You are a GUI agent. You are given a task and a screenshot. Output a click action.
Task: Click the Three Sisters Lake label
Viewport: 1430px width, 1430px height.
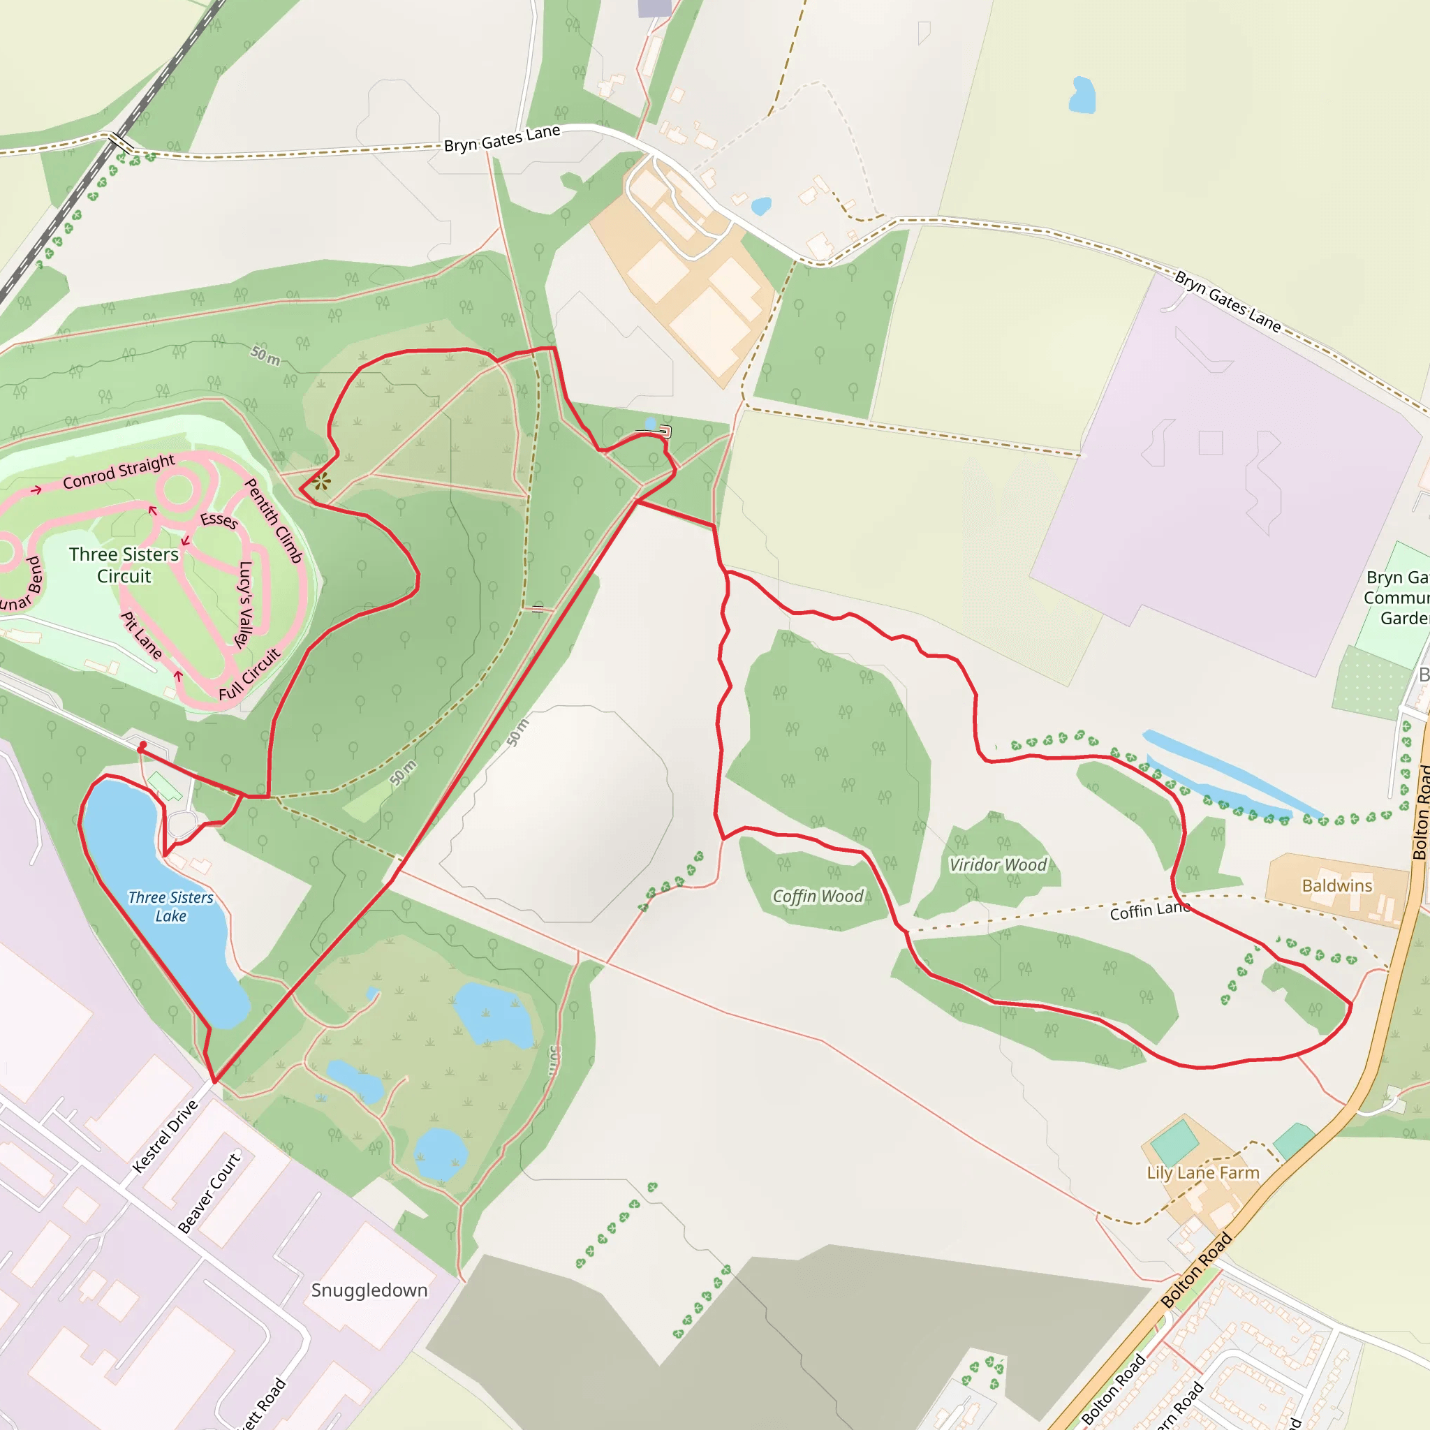[x=171, y=906]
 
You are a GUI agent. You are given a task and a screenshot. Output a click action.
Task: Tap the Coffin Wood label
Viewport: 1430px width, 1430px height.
[x=818, y=897]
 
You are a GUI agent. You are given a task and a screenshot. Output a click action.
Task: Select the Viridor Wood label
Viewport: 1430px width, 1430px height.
[x=998, y=864]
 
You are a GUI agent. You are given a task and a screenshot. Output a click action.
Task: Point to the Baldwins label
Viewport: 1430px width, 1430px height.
[x=1336, y=885]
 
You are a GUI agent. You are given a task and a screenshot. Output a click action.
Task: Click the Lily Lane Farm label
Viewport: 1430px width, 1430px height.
[x=1203, y=1172]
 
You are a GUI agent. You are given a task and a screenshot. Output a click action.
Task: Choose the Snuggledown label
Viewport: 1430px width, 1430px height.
[x=369, y=1290]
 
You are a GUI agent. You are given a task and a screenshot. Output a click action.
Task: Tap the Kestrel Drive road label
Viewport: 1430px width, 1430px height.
[x=165, y=1136]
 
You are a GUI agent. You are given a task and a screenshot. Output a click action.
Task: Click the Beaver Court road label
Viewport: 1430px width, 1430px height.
[x=209, y=1193]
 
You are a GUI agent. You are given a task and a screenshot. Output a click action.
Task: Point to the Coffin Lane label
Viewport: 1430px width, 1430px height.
[x=1149, y=911]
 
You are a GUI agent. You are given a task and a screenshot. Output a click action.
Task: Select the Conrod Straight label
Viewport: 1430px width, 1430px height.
[x=119, y=471]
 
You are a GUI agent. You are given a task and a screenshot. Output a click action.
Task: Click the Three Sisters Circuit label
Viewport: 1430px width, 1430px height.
[x=124, y=565]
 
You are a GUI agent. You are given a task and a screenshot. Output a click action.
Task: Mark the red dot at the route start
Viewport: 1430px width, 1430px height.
[x=143, y=745]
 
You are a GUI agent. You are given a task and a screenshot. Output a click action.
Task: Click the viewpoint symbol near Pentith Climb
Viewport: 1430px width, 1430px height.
[x=321, y=482]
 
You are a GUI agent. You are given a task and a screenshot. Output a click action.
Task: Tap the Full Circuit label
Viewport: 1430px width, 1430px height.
[x=249, y=675]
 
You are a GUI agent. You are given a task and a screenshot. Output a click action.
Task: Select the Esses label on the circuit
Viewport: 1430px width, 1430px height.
[x=219, y=519]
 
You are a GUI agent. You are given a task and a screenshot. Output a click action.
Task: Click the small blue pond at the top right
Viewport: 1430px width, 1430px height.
[x=1082, y=95]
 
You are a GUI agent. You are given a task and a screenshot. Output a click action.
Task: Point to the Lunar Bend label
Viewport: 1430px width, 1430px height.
[x=21, y=585]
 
